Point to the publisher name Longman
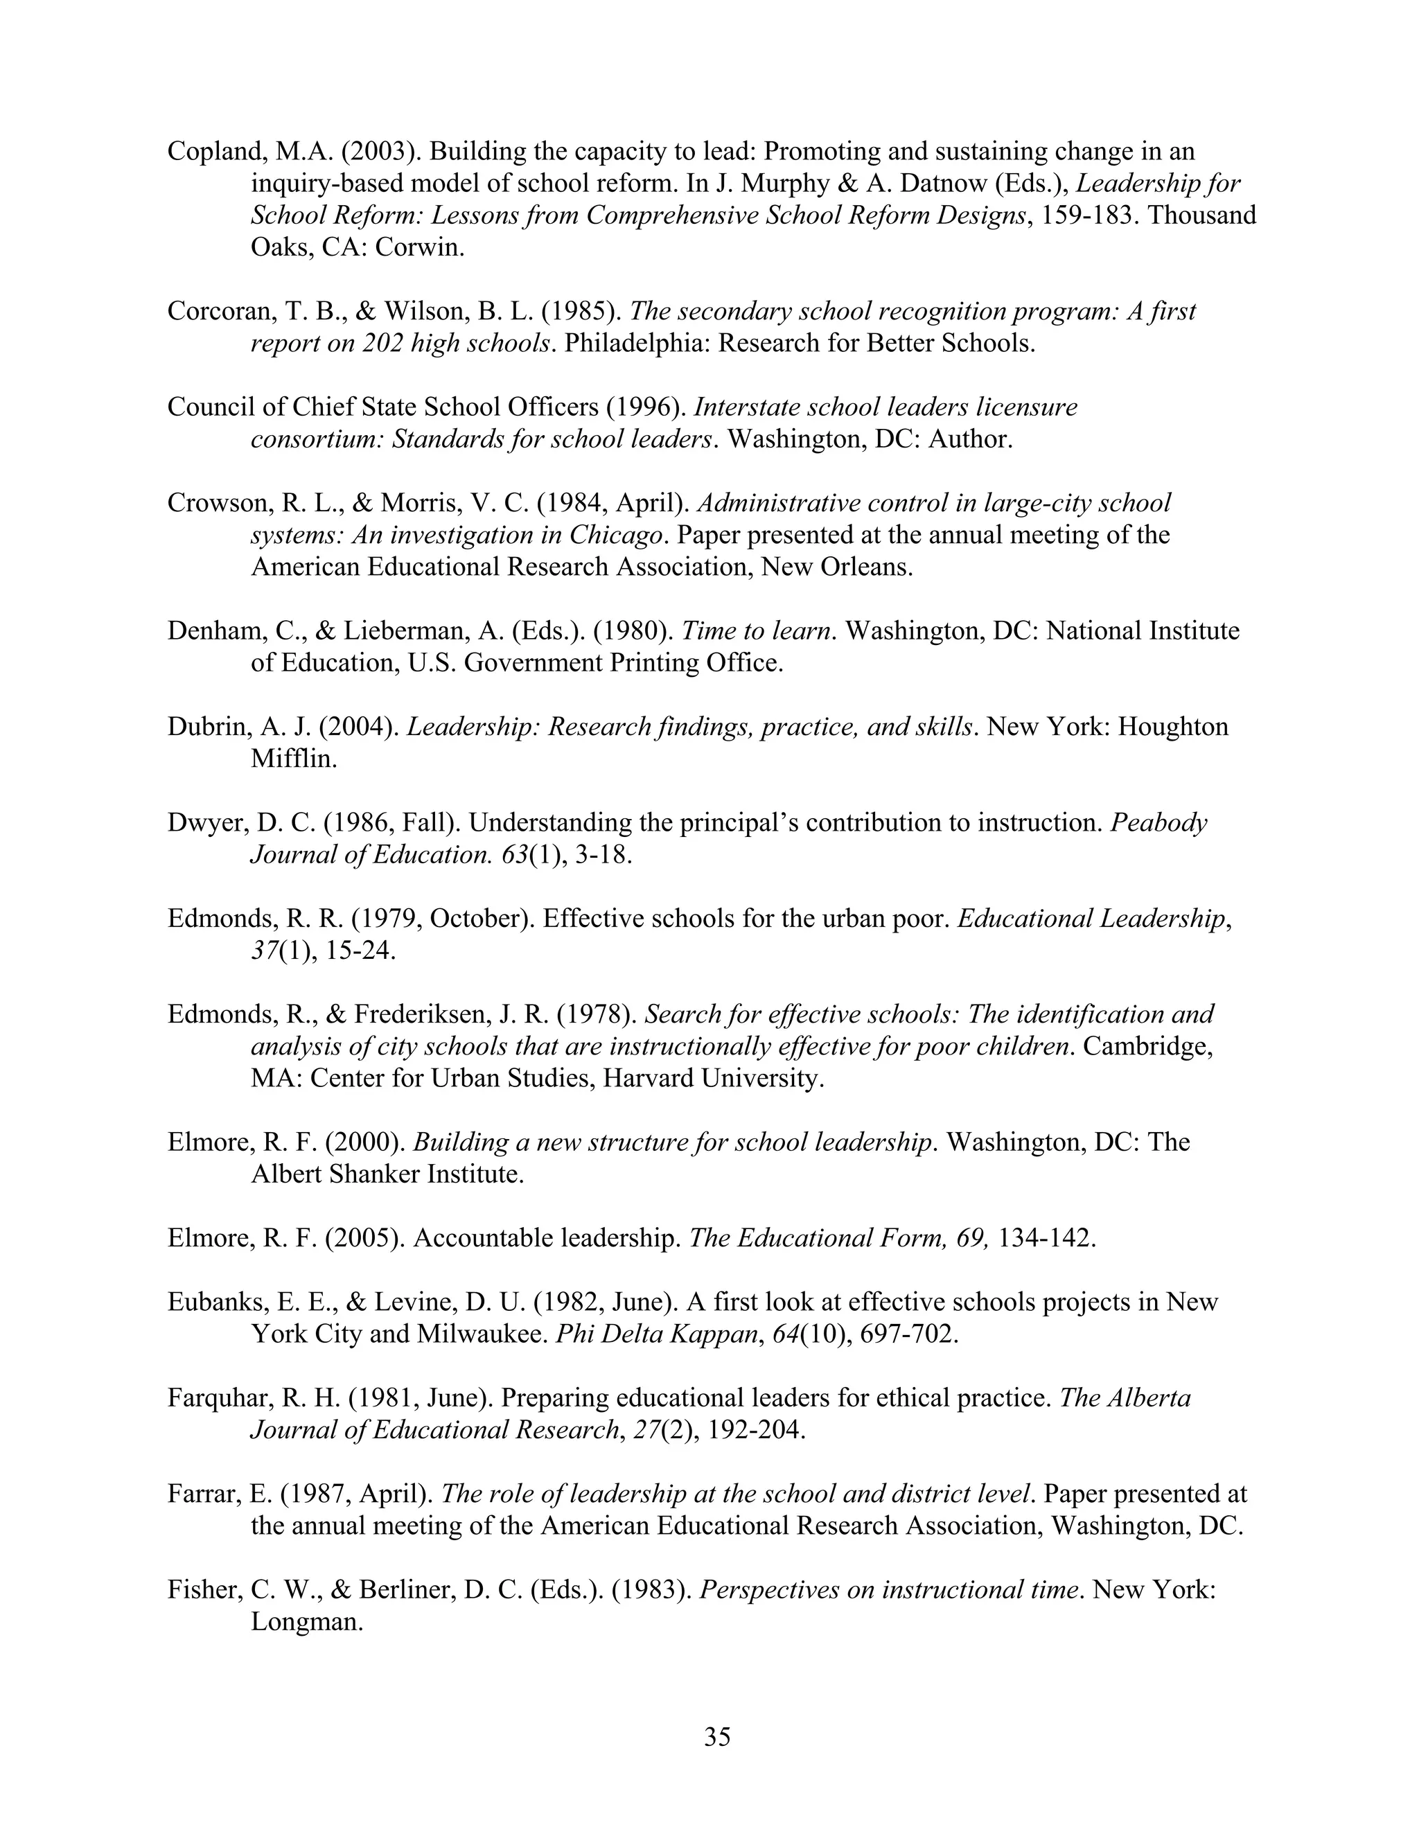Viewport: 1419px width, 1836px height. click(306, 1622)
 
